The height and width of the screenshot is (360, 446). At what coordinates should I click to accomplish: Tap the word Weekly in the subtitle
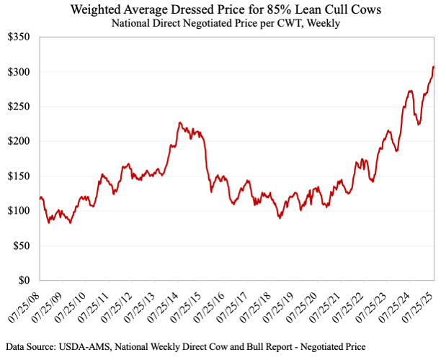324,23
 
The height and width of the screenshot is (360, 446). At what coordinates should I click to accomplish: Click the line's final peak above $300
433,67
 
